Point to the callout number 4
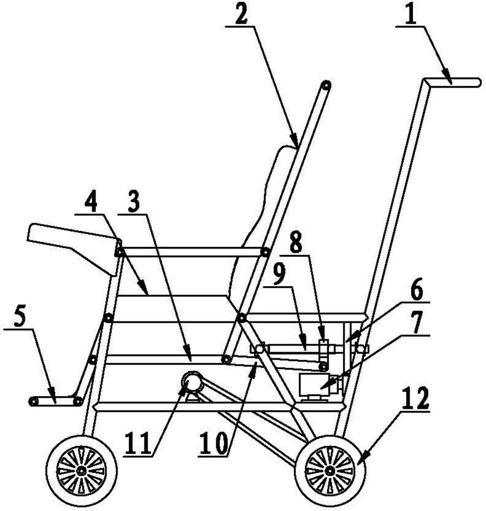tap(91, 202)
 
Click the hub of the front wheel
tap(81, 471)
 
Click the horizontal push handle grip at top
tap(453, 82)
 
